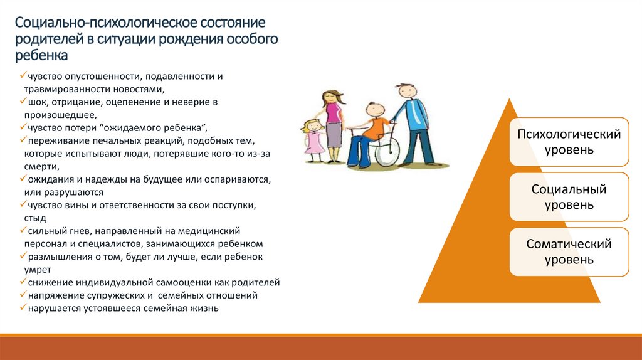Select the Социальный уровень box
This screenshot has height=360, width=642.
tap(569, 197)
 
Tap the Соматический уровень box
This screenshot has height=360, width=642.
tap(569, 252)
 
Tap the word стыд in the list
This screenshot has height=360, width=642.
tap(36, 218)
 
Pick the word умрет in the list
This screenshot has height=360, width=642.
tap(38, 270)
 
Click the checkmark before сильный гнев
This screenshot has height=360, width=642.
tap(22, 231)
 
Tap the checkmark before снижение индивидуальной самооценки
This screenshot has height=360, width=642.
tap(22, 283)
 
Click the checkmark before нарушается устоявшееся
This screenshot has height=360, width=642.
tap(22, 309)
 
